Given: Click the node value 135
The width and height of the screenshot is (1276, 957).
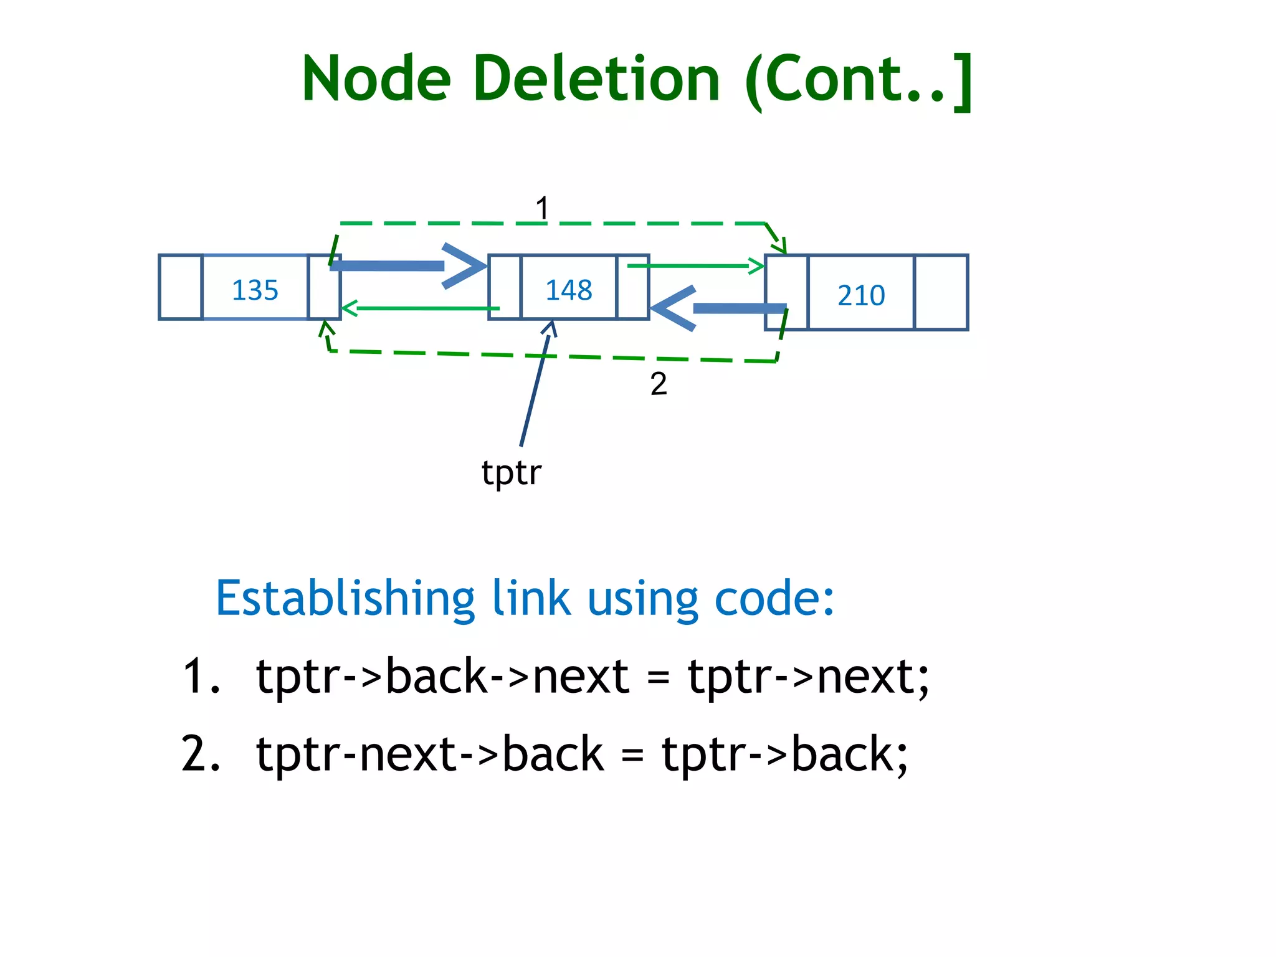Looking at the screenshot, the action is [x=255, y=290].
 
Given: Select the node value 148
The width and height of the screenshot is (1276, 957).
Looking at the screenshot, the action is [x=568, y=290].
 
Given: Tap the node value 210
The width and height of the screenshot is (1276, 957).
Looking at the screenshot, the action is [x=860, y=295].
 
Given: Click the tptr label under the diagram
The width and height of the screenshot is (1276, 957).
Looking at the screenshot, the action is [x=511, y=473].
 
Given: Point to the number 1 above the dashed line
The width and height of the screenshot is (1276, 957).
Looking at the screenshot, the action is [x=542, y=208].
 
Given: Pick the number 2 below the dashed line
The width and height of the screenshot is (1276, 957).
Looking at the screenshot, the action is [x=658, y=384].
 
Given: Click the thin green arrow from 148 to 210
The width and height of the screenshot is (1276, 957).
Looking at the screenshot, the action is [x=695, y=266].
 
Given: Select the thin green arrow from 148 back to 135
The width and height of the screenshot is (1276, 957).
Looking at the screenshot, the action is [x=421, y=308].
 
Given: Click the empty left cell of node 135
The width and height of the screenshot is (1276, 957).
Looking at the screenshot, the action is [x=181, y=287].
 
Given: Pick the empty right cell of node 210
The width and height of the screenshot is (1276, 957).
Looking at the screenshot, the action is [x=940, y=292].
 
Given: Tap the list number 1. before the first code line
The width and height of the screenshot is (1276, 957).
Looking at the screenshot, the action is [x=201, y=677].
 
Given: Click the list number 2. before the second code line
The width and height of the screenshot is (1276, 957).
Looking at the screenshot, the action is [x=201, y=754].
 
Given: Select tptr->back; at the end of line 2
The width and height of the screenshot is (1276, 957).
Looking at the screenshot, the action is [x=784, y=754].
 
